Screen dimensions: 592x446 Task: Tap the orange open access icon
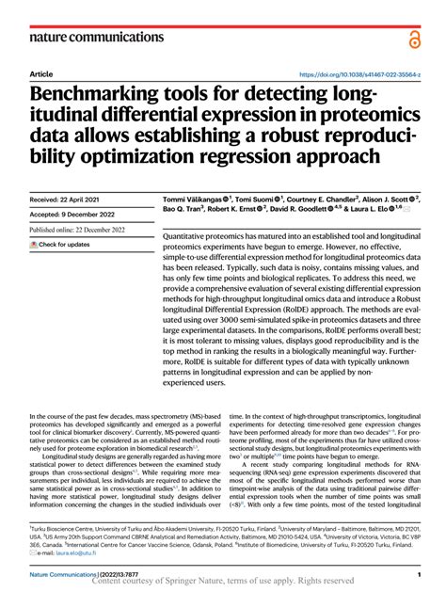tap(415, 39)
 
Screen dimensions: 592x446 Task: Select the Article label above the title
tap(41, 73)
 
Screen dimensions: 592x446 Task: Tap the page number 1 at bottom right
tap(417, 574)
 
